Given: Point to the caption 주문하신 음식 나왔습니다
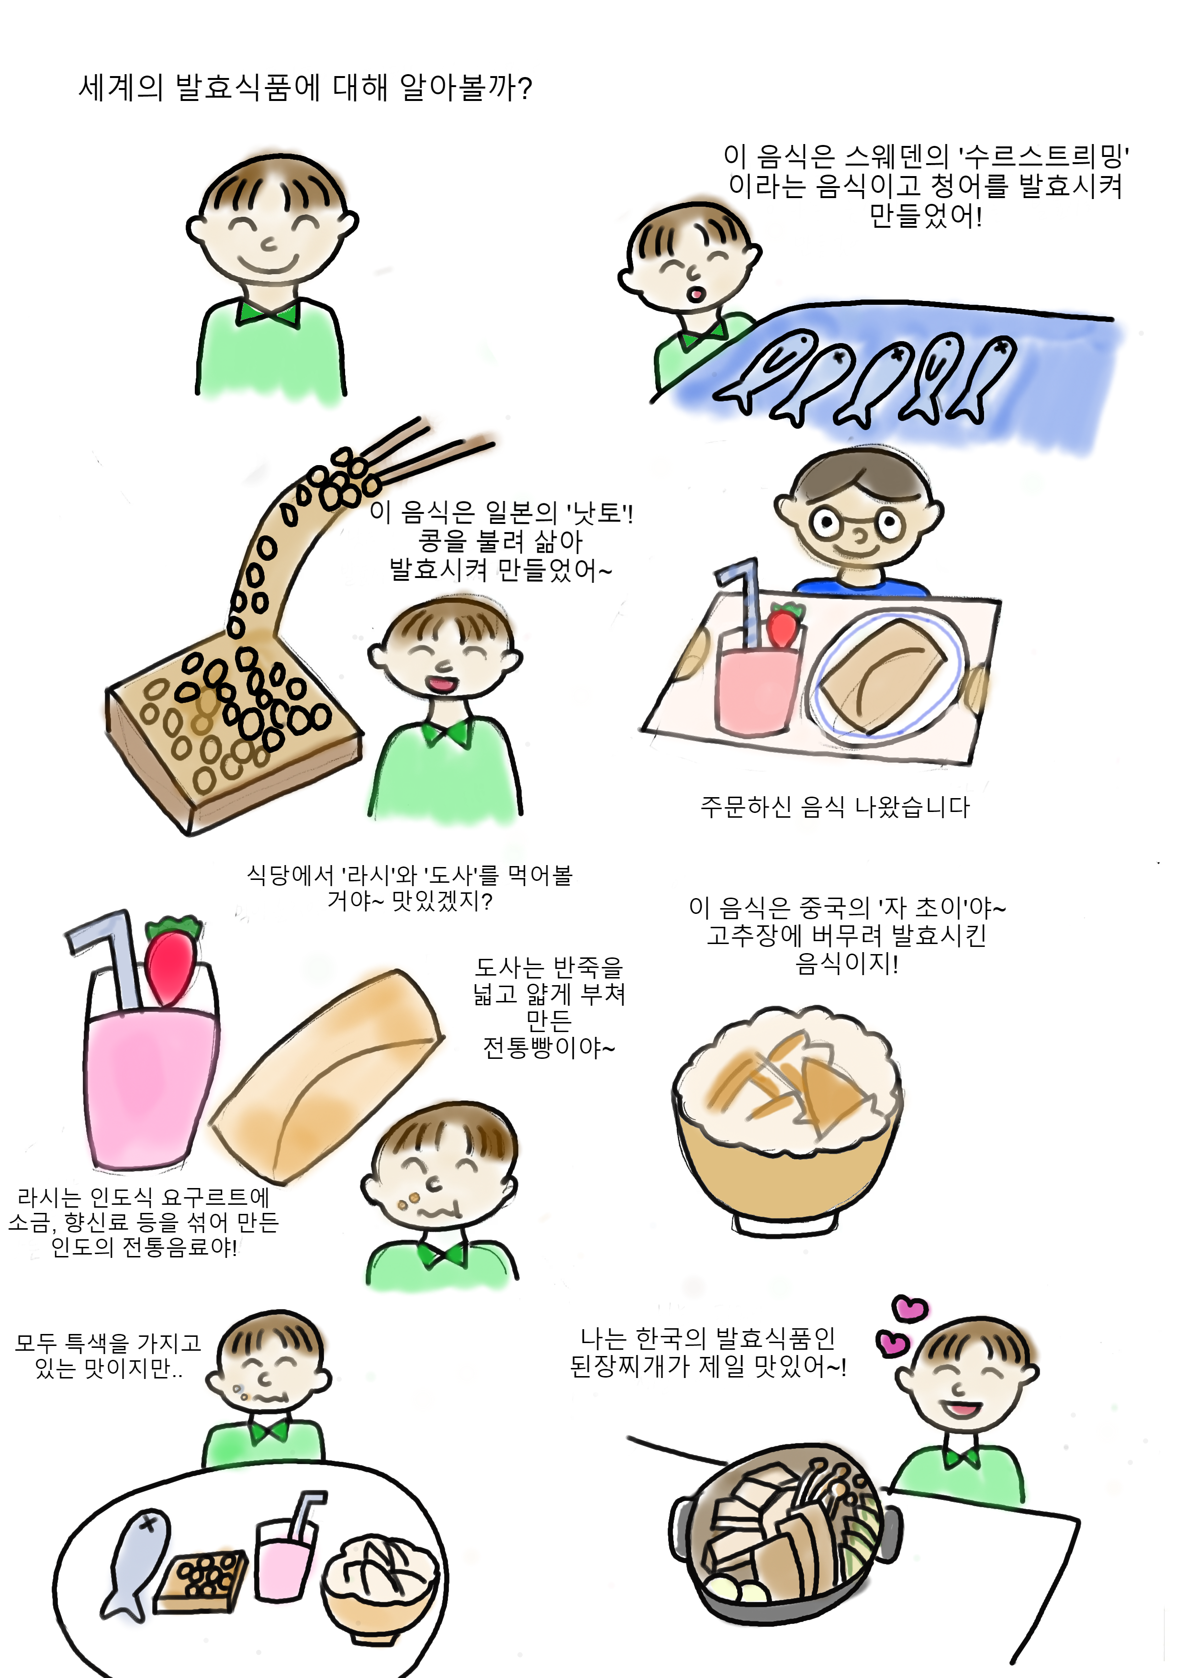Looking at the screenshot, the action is tap(835, 807).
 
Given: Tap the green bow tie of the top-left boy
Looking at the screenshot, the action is tap(268, 313).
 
